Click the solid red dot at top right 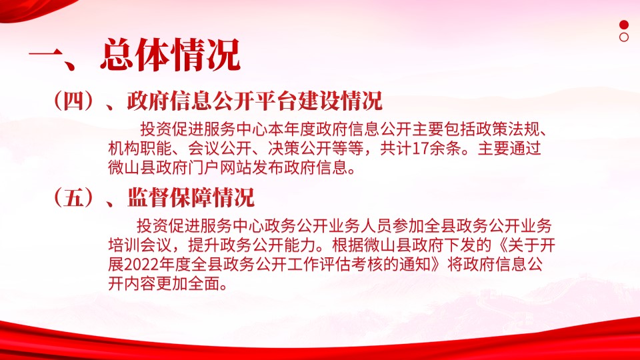click(x=624, y=25)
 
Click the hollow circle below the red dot click(x=624, y=37)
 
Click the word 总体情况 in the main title click(x=171, y=54)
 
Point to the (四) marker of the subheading click(x=73, y=101)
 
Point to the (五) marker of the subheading click(x=73, y=197)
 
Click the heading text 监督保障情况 click(x=191, y=197)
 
